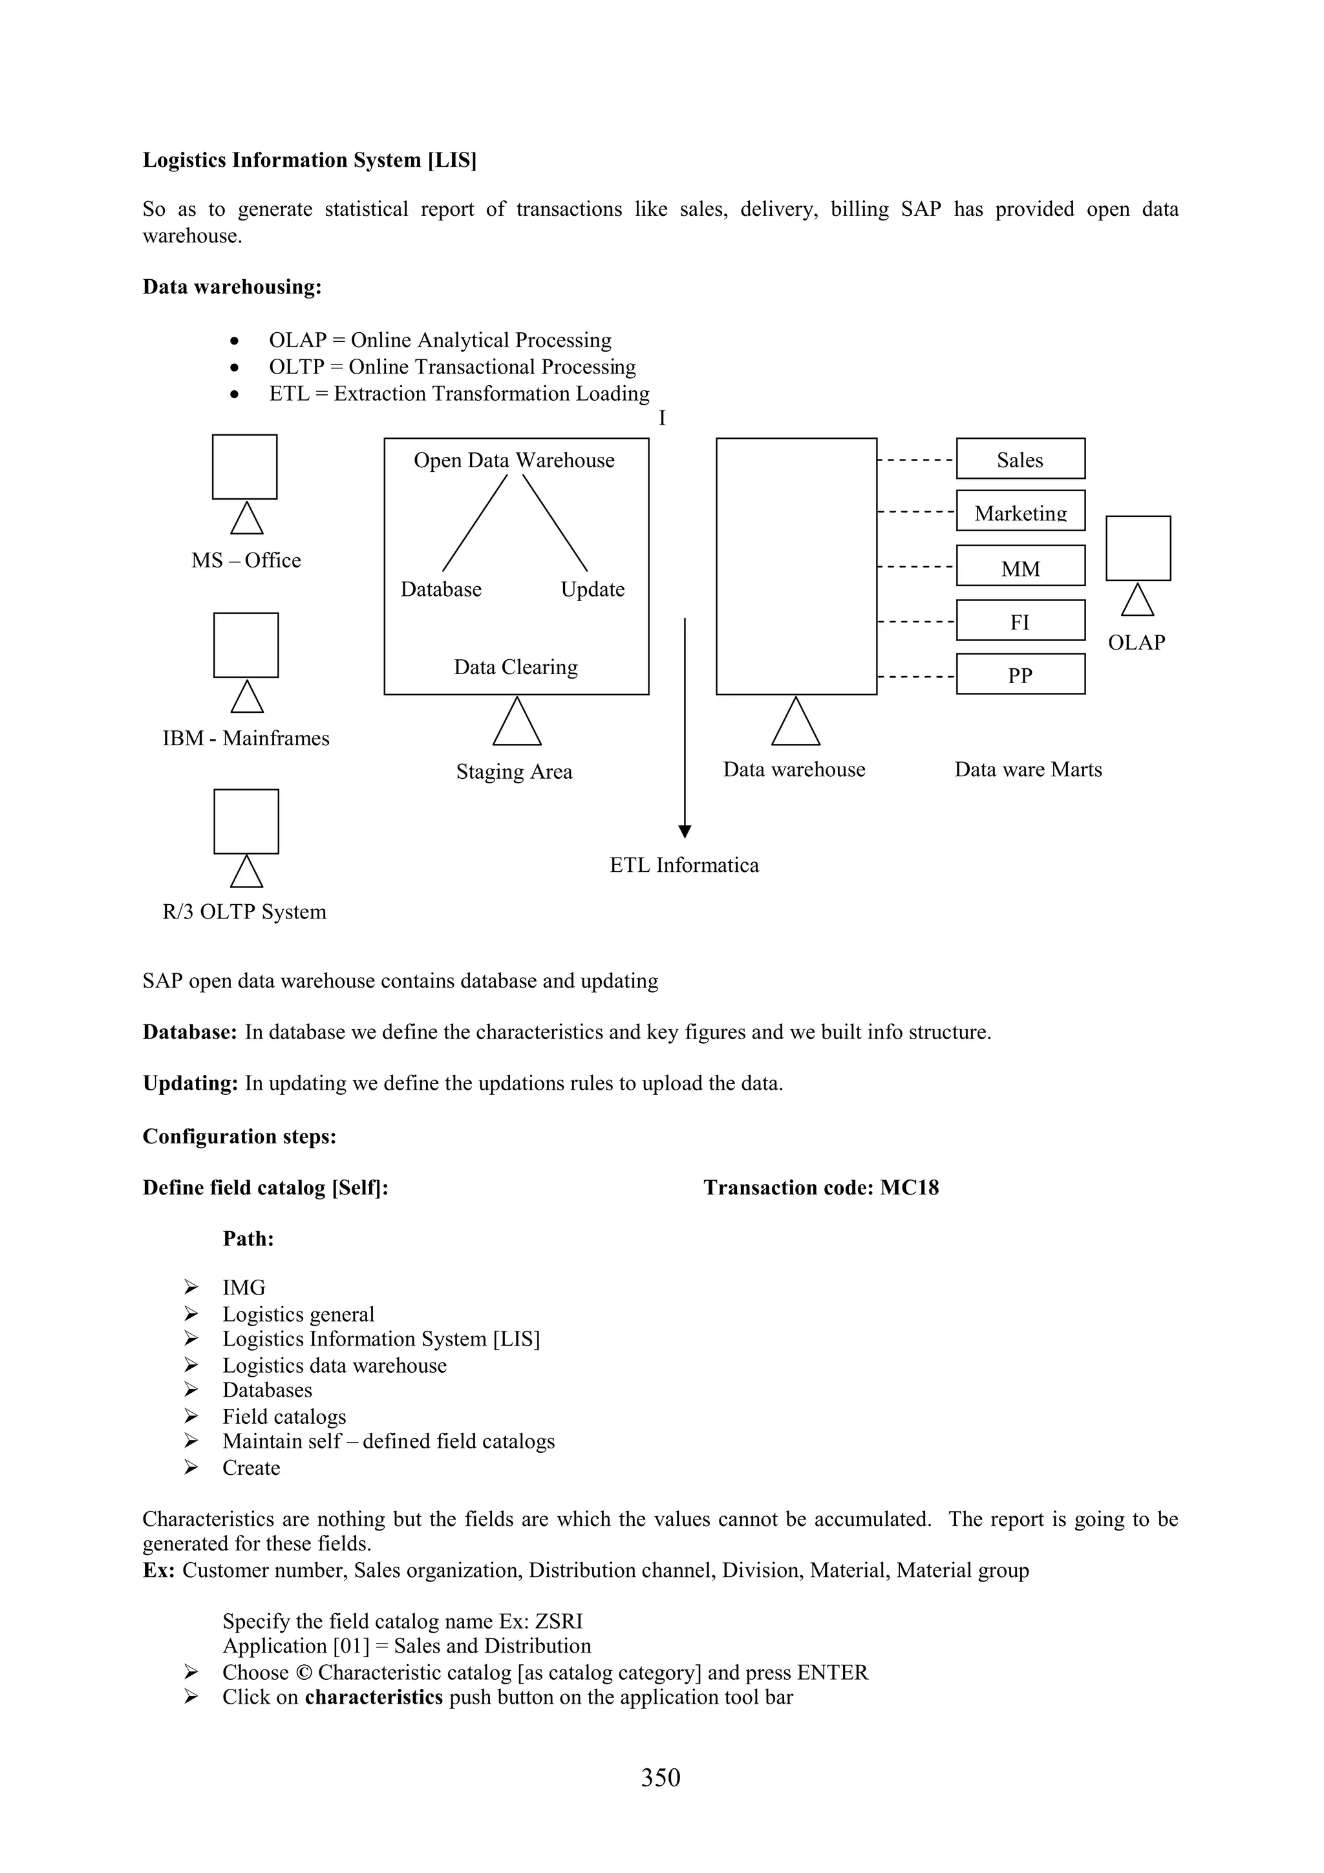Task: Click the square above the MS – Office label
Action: pyautogui.click(x=245, y=467)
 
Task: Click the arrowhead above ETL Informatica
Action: pyautogui.click(x=685, y=831)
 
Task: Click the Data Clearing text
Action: pyautogui.click(x=515, y=667)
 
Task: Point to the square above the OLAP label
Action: pyautogui.click(x=1138, y=548)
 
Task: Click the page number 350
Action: pyautogui.click(x=661, y=1777)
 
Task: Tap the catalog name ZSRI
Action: pyautogui.click(x=559, y=1622)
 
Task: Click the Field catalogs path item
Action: pyautogui.click(x=284, y=1417)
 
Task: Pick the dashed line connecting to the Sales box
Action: pyautogui.click(x=916, y=460)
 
